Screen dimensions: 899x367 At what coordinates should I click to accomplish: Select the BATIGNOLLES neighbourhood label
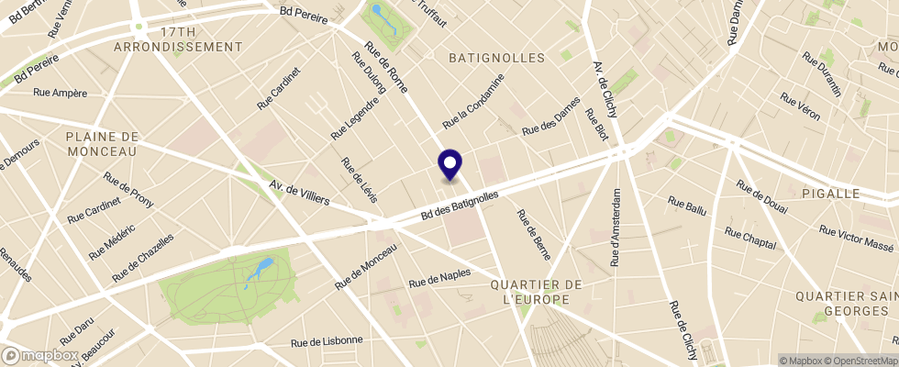(x=496, y=58)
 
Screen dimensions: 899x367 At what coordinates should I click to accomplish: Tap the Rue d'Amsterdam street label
(x=616, y=228)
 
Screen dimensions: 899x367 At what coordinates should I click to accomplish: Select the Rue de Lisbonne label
(x=327, y=341)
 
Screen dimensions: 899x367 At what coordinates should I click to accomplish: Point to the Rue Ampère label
(x=60, y=92)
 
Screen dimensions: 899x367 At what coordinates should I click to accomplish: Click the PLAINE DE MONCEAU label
(x=101, y=143)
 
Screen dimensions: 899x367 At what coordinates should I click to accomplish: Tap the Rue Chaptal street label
(x=750, y=238)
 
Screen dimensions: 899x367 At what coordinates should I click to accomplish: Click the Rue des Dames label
(x=550, y=117)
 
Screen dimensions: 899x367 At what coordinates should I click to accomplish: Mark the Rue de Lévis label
(x=359, y=181)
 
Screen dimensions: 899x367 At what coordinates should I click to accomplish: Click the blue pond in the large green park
(x=261, y=269)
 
